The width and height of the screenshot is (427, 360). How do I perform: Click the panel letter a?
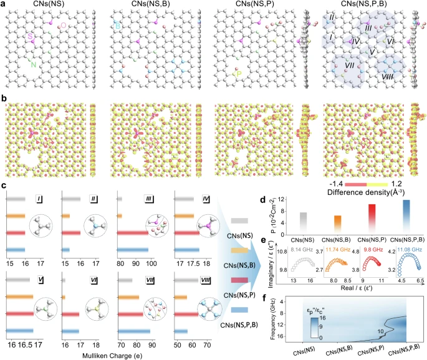coord(5,6)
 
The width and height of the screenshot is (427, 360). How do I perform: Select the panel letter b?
coord(5,98)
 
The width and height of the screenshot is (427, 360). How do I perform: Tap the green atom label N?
coord(35,64)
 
